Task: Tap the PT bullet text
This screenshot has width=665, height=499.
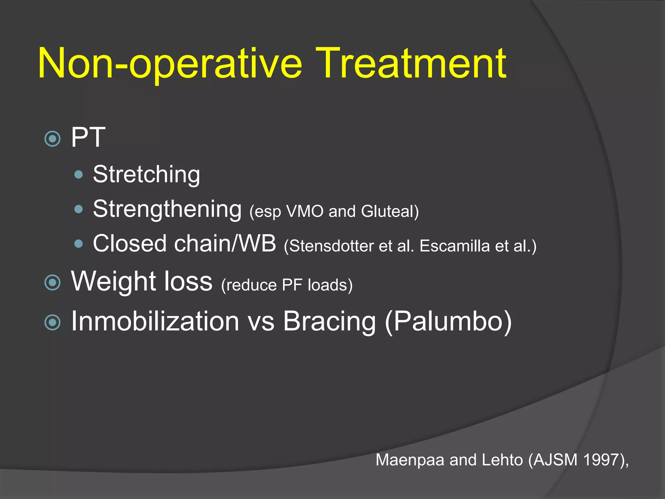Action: pyautogui.click(x=88, y=138)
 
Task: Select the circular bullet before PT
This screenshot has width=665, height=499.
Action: pyautogui.click(x=52, y=139)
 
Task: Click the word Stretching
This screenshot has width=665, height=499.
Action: pyautogui.click(x=146, y=175)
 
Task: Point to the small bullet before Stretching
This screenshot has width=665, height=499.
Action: pyautogui.click(x=79, y=175)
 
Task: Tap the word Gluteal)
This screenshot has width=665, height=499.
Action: pyautogui.click(x=390, y=211)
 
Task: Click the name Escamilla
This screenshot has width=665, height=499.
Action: pyautogui.click(x=455, y=246)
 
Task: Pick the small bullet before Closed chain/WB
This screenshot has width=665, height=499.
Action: pyautogui.click(x=79, y=244)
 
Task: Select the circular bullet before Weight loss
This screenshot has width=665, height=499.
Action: pyautogui.click(x=52, y=282)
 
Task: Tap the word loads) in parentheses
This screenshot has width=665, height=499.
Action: pyautogui.click(x=330, y=285)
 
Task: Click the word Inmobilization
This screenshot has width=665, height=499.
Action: pyautogui.click(x=155, y=322)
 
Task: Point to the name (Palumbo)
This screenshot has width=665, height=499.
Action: pyautogui.click(x=448, y=322)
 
